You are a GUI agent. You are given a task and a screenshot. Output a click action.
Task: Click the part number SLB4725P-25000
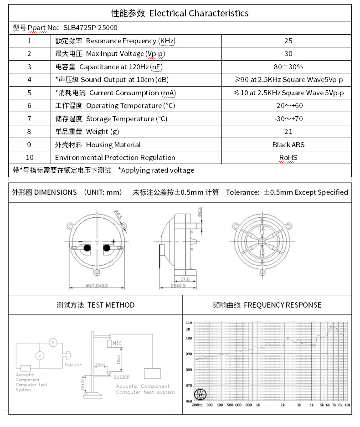[x=90, y=27]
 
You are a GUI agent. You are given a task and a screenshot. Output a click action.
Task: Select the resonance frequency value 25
[x=288, y=41]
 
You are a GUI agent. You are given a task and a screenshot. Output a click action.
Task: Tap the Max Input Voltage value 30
[x=288, y=54]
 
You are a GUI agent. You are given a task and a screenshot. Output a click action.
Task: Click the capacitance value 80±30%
[x=288, y=67]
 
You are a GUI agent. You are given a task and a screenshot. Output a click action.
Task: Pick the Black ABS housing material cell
[x=288, y=145]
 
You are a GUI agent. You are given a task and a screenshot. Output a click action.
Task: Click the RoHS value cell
[x=288, y=158]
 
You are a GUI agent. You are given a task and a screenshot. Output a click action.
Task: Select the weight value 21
[x=288, y=132]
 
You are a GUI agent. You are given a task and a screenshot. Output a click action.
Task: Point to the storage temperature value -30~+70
[x=288, y=119]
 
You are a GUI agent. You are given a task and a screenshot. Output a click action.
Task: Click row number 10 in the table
[x=30, y=158]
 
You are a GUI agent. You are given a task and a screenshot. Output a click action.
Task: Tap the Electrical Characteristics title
[x=180, y=13]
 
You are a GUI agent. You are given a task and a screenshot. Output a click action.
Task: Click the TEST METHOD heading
[x=95, y=305]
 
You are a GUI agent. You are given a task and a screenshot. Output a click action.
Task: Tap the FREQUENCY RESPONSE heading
[x=267, y=305]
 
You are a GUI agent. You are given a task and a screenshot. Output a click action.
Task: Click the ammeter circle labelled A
[x=52, y=342]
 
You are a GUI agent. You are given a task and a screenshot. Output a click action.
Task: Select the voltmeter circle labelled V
[x=40, y=355]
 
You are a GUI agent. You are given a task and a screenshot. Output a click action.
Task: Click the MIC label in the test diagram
[x=117, y=343]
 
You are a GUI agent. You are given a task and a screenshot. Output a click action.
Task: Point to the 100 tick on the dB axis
[x=188, y=338]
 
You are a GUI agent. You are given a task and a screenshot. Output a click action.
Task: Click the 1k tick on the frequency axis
[x=258, y=405]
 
